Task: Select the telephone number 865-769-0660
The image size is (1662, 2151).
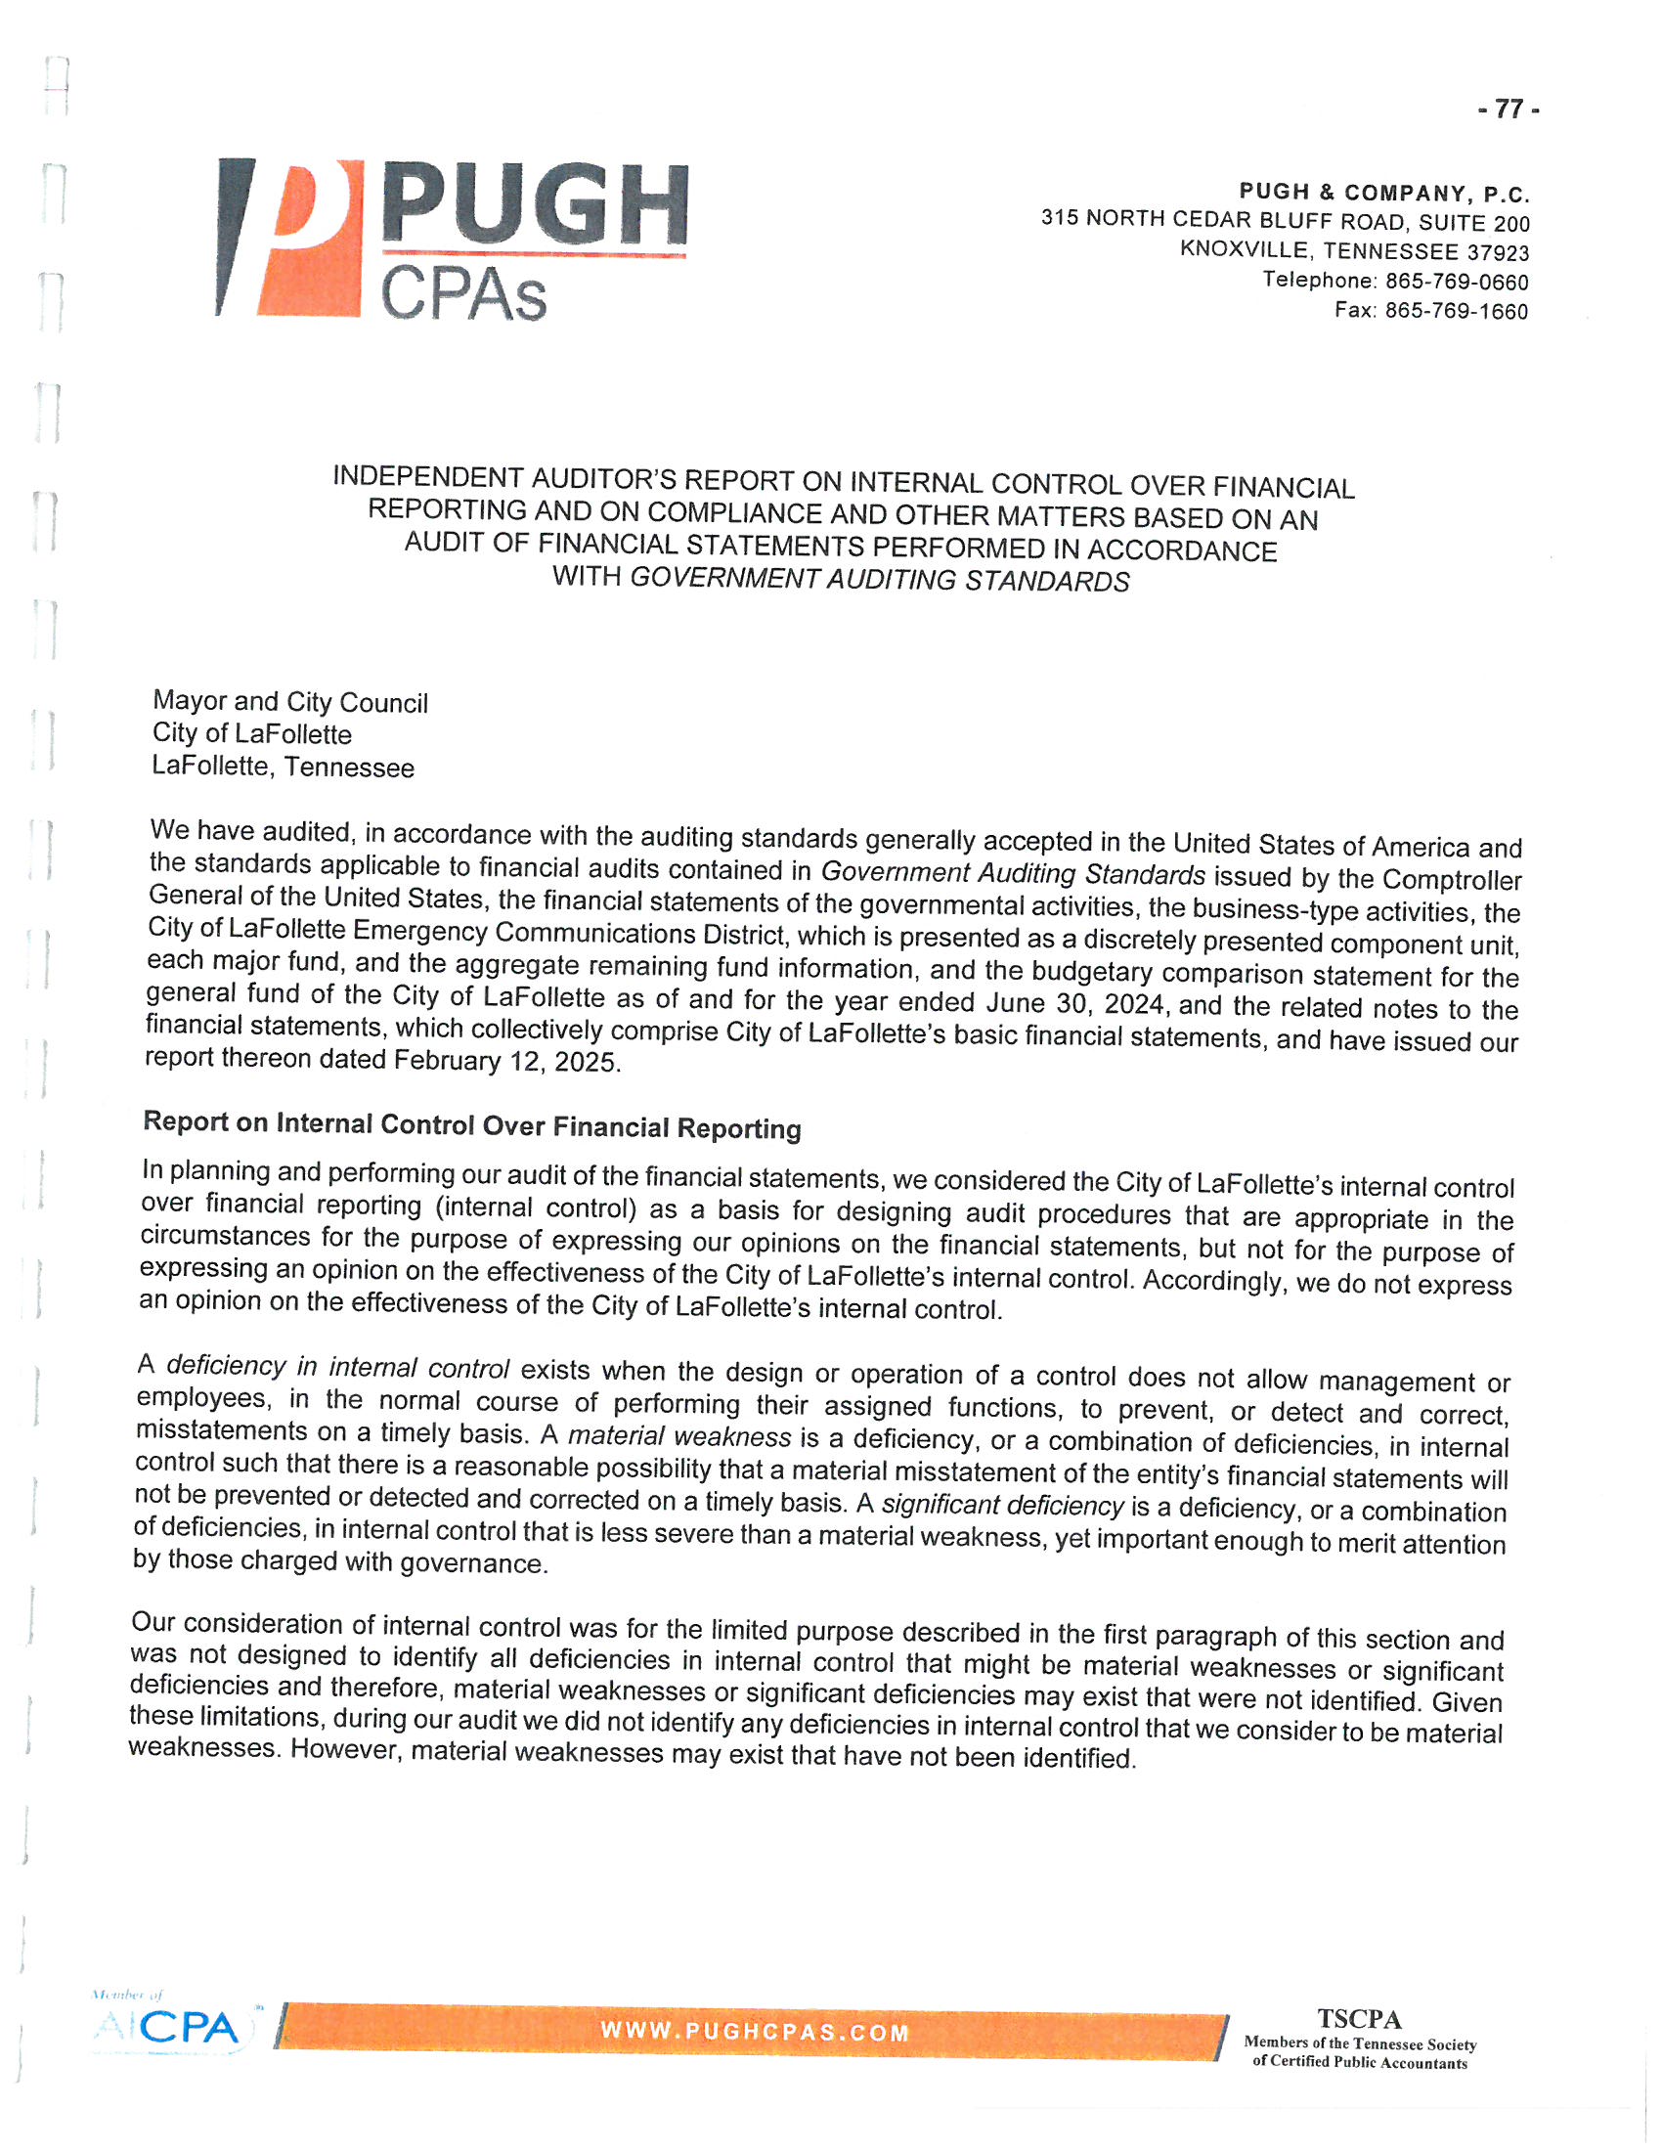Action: (1457, 283)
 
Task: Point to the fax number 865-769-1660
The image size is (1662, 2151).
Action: (1457, 311)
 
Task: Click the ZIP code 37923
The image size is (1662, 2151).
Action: (1498, 253)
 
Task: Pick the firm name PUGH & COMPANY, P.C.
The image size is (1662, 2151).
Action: (1384, 193)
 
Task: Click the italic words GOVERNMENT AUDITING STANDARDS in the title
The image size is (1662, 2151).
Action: (879, 579)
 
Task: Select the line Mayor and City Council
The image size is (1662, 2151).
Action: (289, 702)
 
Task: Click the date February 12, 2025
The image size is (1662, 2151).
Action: (506, 1061)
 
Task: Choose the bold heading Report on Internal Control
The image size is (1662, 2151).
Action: (471, 1124)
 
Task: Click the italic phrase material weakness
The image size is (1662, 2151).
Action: (679, 1437)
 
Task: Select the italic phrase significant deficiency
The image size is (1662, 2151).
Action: (1002, 1505)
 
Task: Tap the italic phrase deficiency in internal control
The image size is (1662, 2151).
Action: (337, 1367)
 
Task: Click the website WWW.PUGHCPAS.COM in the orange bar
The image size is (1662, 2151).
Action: (754, 2032)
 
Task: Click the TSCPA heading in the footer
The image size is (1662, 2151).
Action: (1359, 2019)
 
